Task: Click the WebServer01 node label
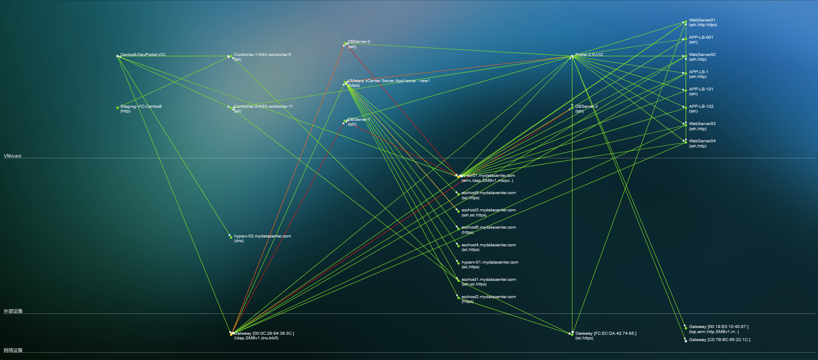pos(702,20)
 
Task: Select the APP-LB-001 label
pos(701,37)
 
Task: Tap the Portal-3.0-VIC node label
pos(589,55)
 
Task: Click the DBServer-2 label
pos(359,42)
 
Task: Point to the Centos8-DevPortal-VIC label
pos(143,55)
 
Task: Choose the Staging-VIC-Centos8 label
pos(141,107)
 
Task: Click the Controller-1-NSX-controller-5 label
pos(262,55)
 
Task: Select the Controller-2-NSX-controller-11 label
pos(263,107)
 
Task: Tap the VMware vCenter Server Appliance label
pos(388,81)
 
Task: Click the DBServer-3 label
pos(586,107)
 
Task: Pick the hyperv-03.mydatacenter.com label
pos(262,236)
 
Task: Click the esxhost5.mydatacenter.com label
pos(489,193)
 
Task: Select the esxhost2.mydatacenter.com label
pos(489,297)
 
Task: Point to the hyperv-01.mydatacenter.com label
pos(490,262)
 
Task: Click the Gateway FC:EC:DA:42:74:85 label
pos(606,333)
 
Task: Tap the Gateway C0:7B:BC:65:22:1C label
pos(719,340)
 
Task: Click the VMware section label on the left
pos(13,156)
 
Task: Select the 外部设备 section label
pos(13,312)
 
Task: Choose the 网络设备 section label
pos(13,350)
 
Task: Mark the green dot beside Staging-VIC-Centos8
pos(118,108)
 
